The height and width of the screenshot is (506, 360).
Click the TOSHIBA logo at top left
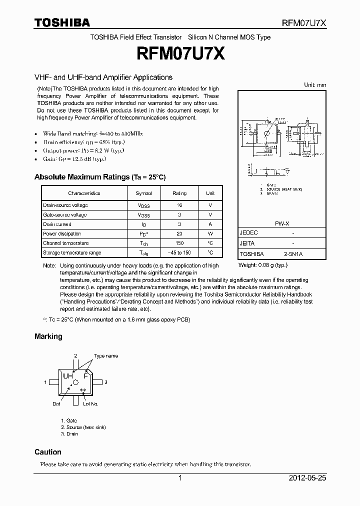61,22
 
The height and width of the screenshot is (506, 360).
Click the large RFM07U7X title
179,53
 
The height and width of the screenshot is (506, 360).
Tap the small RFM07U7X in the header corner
305,23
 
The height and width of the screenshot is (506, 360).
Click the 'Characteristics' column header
84,193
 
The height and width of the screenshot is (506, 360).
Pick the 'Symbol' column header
143,193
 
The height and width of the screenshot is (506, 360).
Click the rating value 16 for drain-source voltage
179,205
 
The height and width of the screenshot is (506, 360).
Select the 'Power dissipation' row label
62,234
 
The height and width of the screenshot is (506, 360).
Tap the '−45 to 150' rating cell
179,253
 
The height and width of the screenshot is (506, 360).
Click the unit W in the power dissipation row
210,234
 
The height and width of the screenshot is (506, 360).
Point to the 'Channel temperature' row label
65,243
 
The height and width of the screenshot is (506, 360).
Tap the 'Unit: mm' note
315,85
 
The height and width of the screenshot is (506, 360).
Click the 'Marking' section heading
48,336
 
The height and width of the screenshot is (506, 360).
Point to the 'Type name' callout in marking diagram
106,356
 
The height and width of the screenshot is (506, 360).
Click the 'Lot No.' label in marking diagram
90,403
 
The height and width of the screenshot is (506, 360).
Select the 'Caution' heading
48,452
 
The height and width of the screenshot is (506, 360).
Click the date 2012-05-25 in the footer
307,478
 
